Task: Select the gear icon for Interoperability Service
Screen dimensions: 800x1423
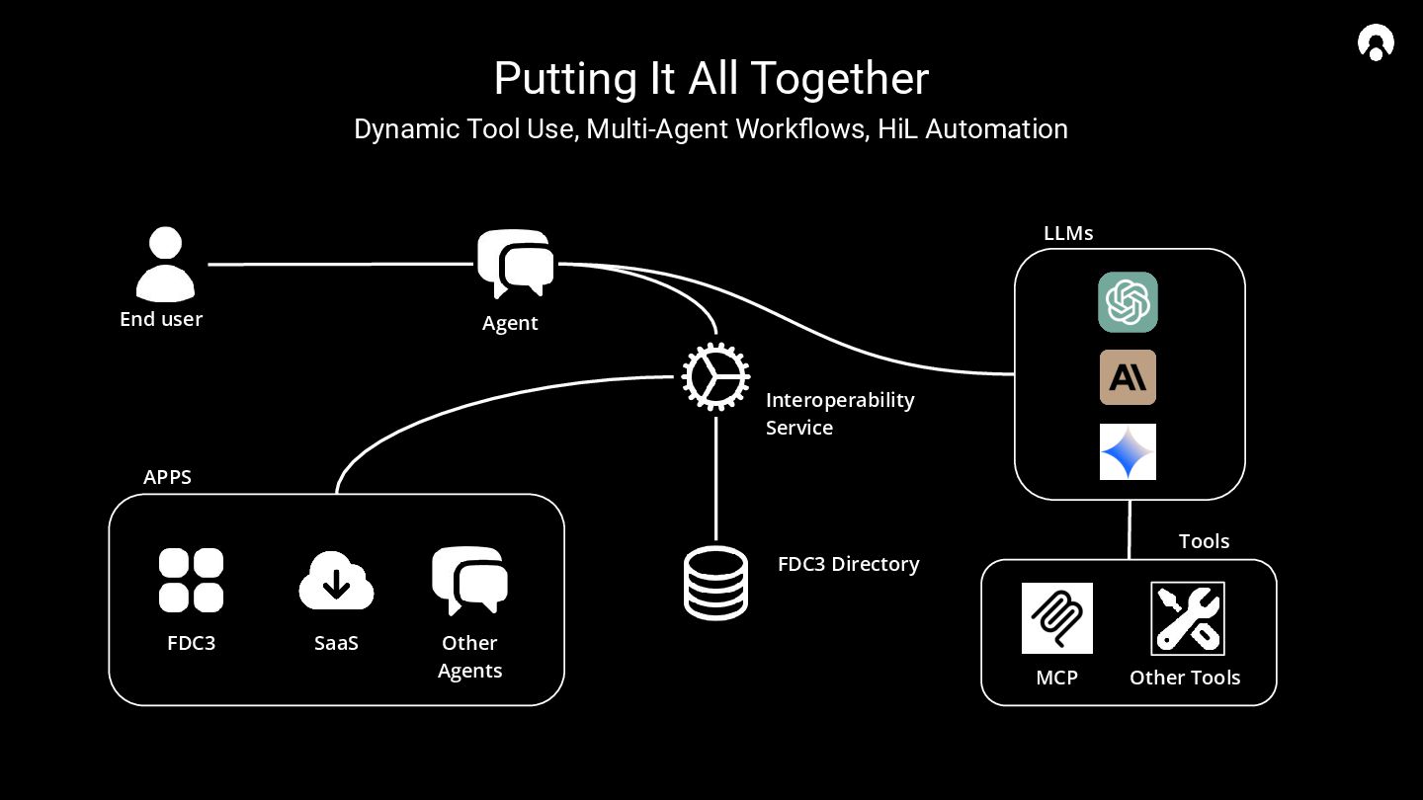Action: (715, 376)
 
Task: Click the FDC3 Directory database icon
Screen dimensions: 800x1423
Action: (715, 583)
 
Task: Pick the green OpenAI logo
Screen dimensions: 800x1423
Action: (1128, 302)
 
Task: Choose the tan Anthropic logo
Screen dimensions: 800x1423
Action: (1128, 377)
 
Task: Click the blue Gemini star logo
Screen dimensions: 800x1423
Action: (1128, 452)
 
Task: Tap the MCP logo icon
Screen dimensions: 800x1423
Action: (1057, 618)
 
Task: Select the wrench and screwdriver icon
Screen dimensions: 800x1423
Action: (1188, 618)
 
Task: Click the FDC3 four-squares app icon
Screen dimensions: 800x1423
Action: (191, 580)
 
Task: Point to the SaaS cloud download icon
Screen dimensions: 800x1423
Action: (336, 581)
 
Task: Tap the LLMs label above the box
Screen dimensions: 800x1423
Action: (1068, 234)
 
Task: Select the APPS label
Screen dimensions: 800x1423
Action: (167, 477)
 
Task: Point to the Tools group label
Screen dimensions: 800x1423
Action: (1204, 541)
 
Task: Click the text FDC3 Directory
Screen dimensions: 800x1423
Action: (848, 564)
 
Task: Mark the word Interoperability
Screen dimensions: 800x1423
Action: (840, 400)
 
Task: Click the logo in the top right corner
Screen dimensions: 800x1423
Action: (1376, 43)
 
